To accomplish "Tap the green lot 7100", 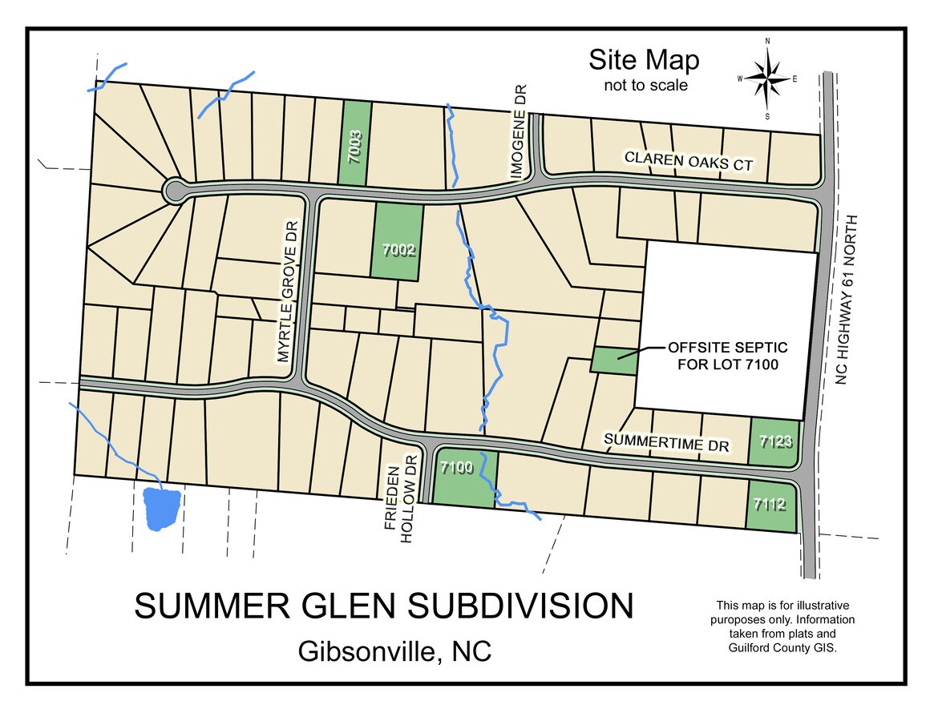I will pos(464,477).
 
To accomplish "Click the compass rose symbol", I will pos(767,78).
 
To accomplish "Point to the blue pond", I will pos(161,508).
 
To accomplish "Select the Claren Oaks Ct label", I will pos(689,160).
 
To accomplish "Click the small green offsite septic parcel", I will pos(615,360).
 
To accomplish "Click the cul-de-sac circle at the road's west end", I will pos(174,191).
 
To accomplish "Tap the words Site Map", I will pos(644,60).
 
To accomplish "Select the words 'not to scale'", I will pos(645,85).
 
